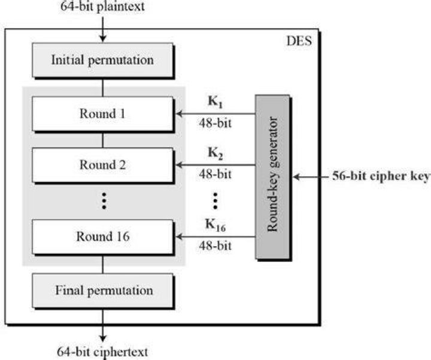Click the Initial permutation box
tap(102, 60)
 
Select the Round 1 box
tap(102, 114)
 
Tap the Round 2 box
tap(102, 165)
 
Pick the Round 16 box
tap(102, 236)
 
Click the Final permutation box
tap(102, 291)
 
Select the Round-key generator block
tap(272, 177)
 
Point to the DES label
tap(299, 41)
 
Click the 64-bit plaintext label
tap(102, 7)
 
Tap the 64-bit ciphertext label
tap(102, 352)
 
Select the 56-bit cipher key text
tap(381, 176)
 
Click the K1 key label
tap(215, 102)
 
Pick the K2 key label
tap(215, 152)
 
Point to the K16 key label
tap(215, 225)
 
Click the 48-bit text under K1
tap(215, 123)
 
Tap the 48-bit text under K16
tap(215, 246)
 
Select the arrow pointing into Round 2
tap(215, 165)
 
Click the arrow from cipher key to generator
tap(311, 177)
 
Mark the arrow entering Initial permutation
tap(102, 29)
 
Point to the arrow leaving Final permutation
tap(102, 325)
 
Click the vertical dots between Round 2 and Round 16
tap(104, 201)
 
